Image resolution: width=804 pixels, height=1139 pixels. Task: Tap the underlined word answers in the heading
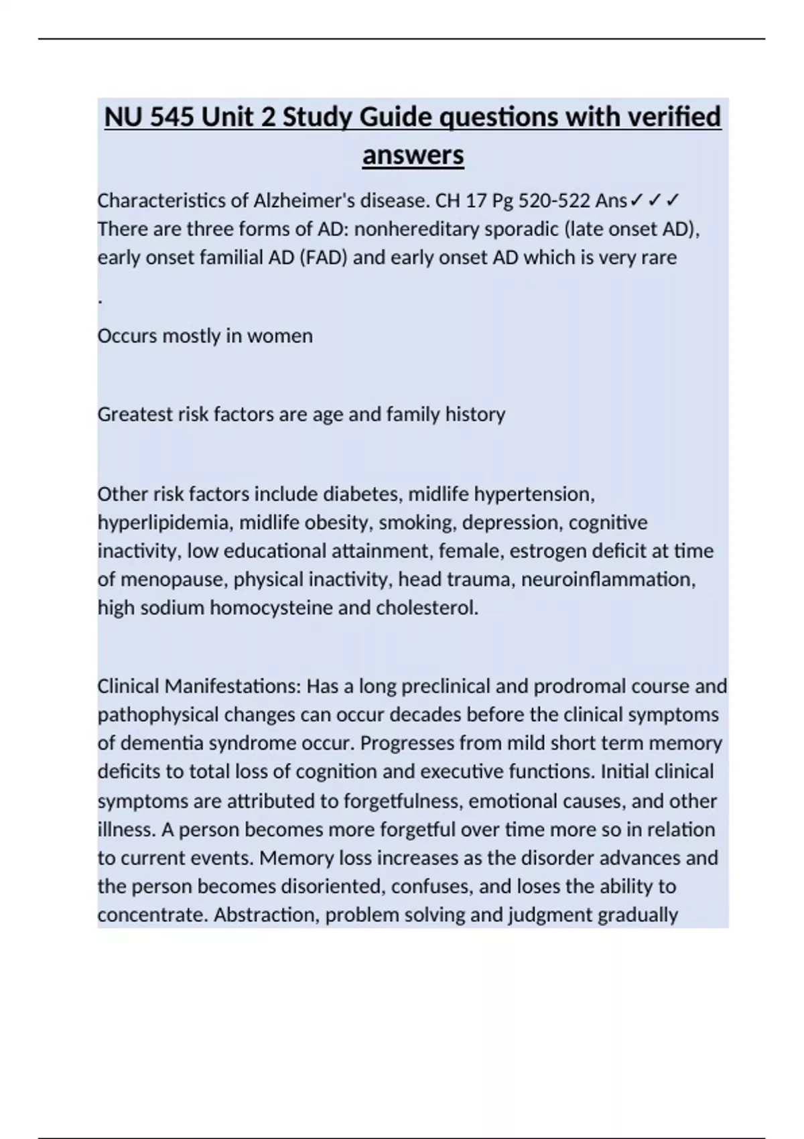413,155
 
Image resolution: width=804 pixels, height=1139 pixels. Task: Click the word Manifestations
234,686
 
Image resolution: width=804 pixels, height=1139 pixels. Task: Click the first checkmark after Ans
636,200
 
